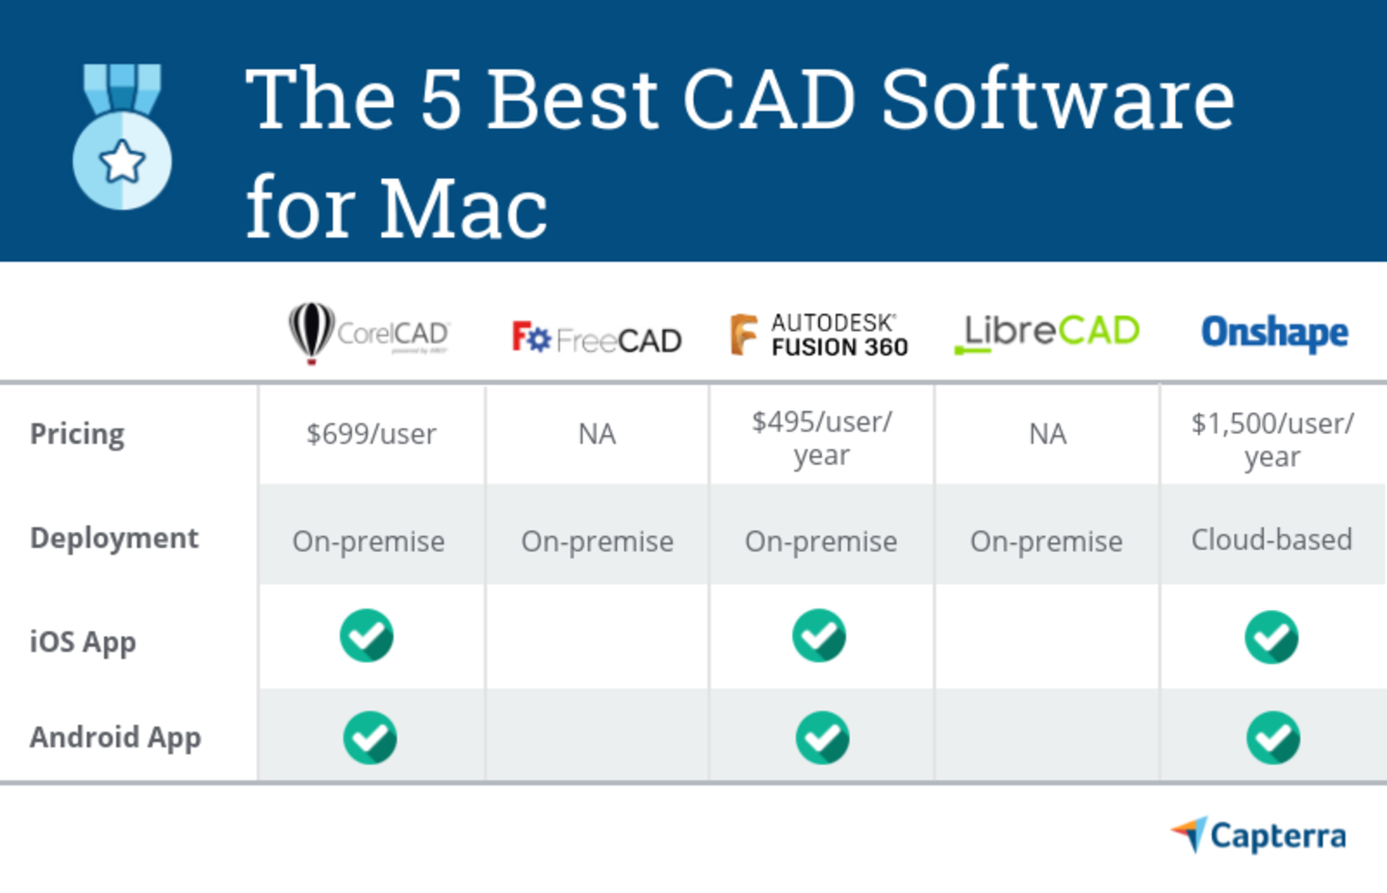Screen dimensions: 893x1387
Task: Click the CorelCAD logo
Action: point(369,332)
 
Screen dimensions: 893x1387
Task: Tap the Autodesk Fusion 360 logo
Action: point(819,335)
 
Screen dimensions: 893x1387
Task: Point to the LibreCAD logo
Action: point(1047,332)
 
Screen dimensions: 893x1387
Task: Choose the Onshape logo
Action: point(1274,332)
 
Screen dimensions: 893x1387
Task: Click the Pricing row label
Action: point(77,434)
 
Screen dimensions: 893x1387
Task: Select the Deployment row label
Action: point(114,538)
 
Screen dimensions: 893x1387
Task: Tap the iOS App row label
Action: point(83,642)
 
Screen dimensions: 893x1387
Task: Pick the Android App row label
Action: point(116,738)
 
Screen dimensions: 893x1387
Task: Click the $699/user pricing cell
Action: point(371,434)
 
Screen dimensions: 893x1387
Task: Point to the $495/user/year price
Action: point(822,438)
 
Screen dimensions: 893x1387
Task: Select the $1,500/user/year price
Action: point(1272,439)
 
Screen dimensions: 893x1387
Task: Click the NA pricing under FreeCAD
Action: point(597,434)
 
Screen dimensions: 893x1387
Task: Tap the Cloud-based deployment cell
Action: point(1271,540)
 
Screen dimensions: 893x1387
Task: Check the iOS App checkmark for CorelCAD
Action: point(367,636)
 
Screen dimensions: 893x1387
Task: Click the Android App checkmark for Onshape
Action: point(1273,738)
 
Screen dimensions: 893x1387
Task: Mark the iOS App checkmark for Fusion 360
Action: point(819,636)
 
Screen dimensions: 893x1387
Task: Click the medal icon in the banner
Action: point(122,137)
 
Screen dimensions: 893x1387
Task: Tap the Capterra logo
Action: point(1258,836)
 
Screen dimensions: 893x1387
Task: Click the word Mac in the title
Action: point(463,209)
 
